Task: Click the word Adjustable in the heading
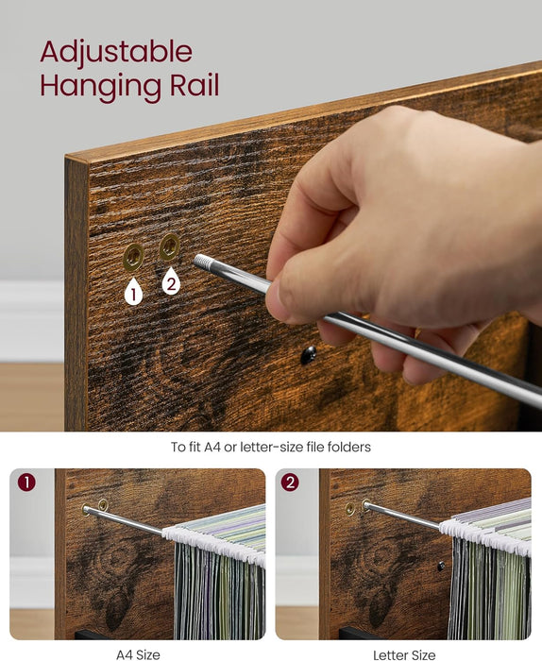(x=116, y=53)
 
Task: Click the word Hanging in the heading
(x=100, y=87)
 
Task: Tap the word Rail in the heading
(x=195, y=85)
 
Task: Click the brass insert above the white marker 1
(x=133, y=257)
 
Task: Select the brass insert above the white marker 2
(x=169, y=247)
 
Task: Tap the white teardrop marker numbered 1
(x=133, y=291)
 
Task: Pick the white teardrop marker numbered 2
(x=171, y=281)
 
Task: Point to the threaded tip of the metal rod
(x=201, y=263)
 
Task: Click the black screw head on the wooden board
(x=309, y=355)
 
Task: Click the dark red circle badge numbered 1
(x=26, y=483)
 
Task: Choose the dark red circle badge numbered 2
(x=291, y=483)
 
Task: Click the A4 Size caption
(x=138, y=654)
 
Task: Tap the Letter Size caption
(x=404, y=654)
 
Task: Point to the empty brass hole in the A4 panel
(x=103, y=504)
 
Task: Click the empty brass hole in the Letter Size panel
(x=349, y=509)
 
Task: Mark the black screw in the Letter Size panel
(x=441, y=567)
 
